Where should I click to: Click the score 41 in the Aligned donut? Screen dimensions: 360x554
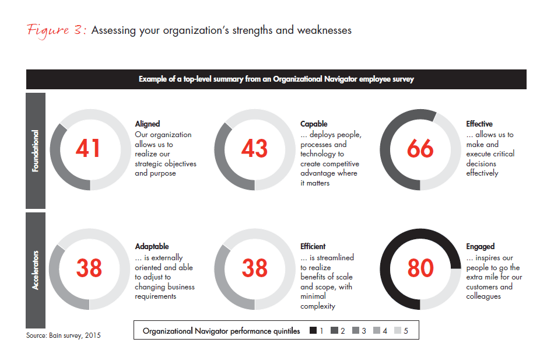click(x=88, y=149)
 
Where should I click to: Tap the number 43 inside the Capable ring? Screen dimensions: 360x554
click(x=254, y=149)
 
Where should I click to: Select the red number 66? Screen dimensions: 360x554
click(x=420, y=149)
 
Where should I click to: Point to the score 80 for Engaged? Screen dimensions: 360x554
click(x=420, y=268)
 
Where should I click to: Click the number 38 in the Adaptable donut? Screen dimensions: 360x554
click(x=89, y=268)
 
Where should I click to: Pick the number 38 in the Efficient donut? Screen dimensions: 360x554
click(x=254, y=268)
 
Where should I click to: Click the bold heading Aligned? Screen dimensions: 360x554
click(x=147, y=124)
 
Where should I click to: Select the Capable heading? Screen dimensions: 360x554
click(x=314, y=124)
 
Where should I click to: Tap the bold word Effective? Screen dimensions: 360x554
click(x=479, y=124)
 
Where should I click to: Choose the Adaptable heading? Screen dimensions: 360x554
click(x=152, y=247)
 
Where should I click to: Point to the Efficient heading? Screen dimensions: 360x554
click(x=313, y=247)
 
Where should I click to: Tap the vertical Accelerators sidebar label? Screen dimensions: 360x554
click(x=35, y=270)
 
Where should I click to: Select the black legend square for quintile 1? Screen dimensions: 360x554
click(x=313, y=331)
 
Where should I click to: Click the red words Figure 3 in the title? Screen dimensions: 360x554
click(x=57, y=30)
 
